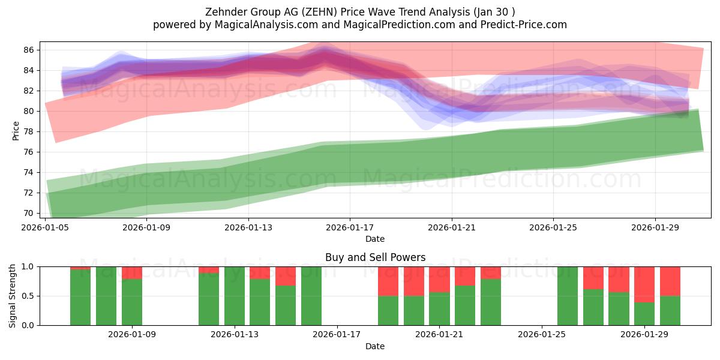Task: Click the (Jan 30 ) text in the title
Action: point(493,11)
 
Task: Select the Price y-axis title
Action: point(16,130)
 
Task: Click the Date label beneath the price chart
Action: point(375,239)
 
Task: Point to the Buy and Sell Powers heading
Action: point(375,257)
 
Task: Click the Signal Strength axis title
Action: point(13,296)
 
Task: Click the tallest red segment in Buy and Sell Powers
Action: point(644,284)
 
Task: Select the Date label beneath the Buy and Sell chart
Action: point(375,346)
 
